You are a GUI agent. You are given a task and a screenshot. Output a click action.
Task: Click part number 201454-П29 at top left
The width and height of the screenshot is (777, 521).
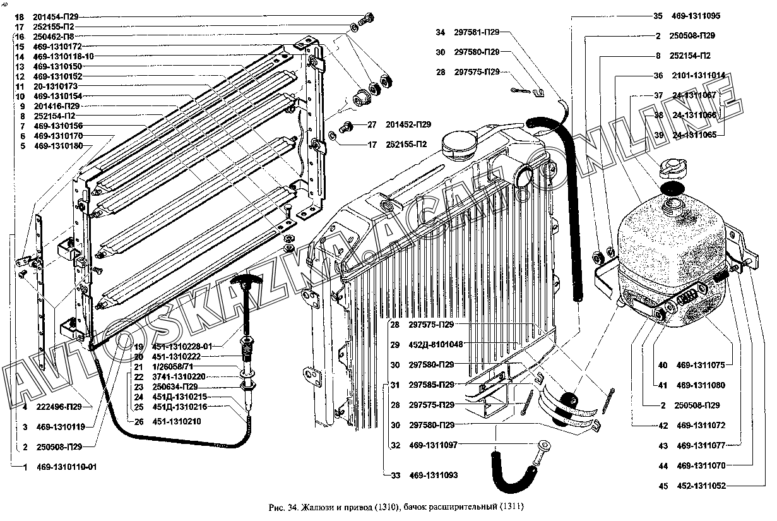click(55, 17)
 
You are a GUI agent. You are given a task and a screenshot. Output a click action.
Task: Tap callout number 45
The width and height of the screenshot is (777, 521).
click(663, 486)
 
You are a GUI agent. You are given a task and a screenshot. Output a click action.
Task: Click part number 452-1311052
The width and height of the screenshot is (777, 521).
click(701, 486)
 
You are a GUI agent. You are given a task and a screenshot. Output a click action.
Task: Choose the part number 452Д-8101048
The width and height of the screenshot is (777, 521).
click(436, 345)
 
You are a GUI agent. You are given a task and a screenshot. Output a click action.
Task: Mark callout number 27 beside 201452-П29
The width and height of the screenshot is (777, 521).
click(371, 124)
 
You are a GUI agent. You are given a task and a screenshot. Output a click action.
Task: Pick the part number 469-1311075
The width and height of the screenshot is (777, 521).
click(701, 365)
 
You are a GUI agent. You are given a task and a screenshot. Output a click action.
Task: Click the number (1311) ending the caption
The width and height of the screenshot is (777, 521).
click(511, 506)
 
